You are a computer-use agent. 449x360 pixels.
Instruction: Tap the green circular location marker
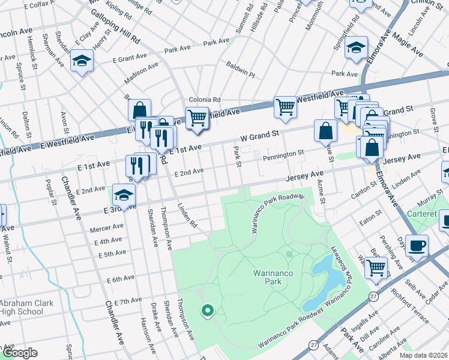(208, 310)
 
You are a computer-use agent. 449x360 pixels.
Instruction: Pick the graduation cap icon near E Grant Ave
(82, 61)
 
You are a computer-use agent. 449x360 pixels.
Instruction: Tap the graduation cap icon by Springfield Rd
(356, 47)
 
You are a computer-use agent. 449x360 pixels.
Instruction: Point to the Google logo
(19, 353)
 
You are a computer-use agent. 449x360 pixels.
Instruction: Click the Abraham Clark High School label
(22, 307)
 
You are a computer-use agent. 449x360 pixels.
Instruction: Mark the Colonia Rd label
(205, 100)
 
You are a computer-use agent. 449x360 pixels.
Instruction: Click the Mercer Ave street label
(106, 228)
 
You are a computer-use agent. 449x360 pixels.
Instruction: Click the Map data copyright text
(424, 355)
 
